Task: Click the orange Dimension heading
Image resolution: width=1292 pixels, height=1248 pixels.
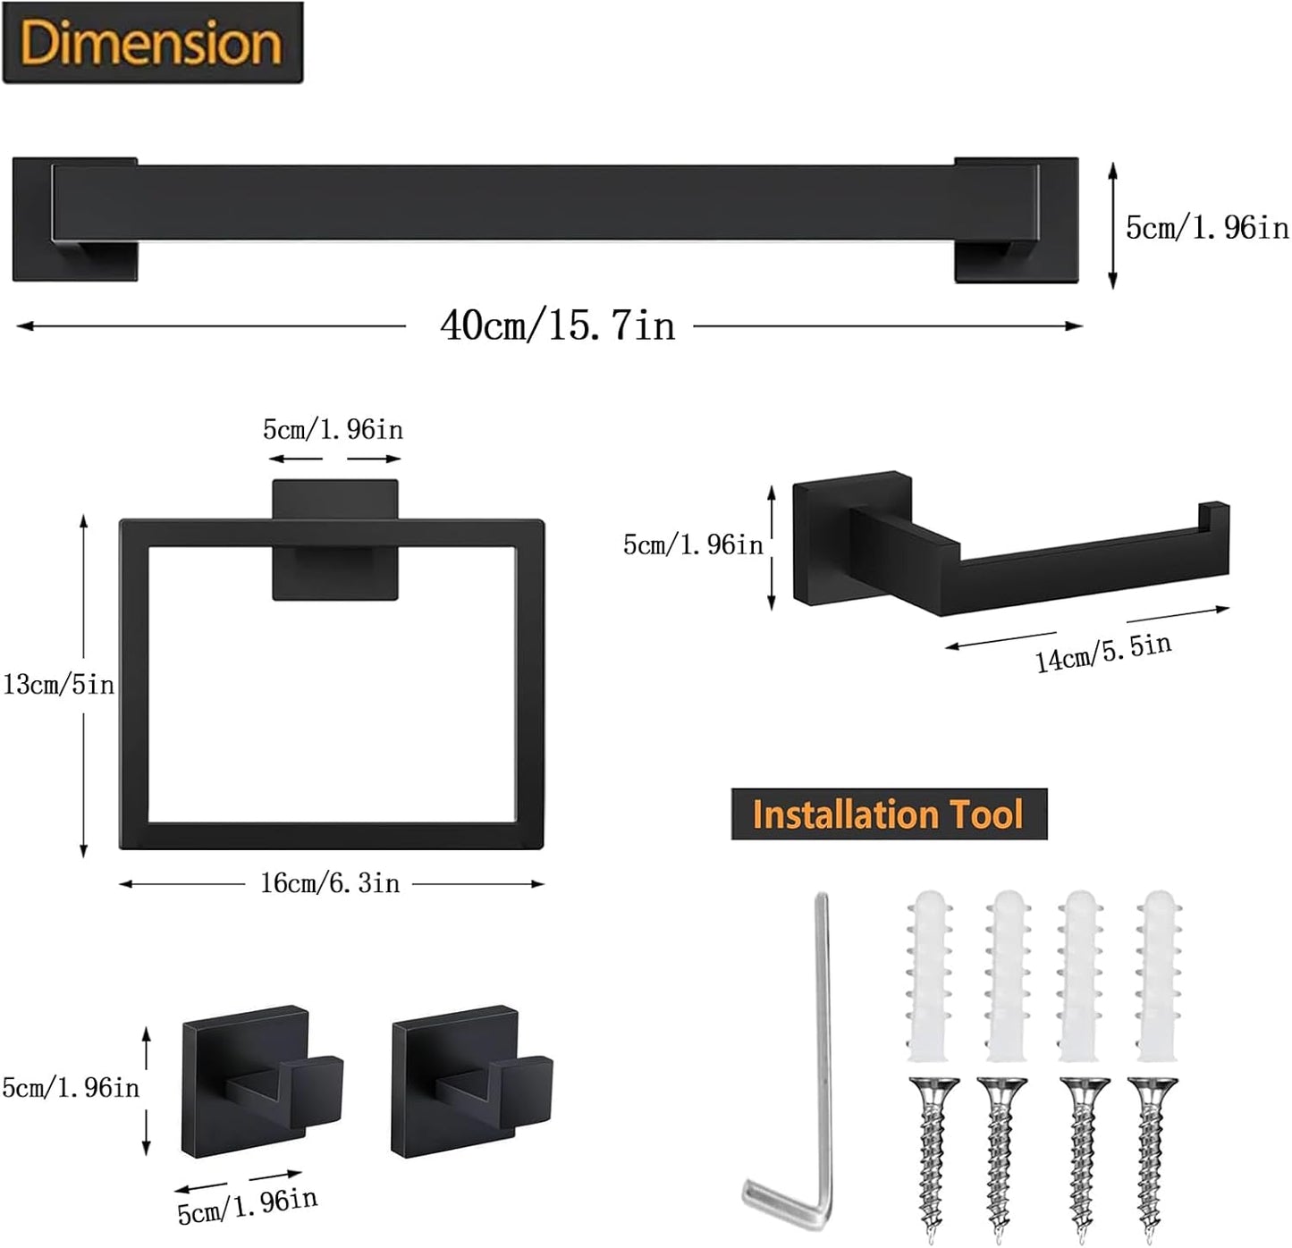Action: pyautogui.click(x=152, y=43)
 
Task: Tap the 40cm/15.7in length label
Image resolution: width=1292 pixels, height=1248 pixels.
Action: pyautogui.click(x=557, y=325)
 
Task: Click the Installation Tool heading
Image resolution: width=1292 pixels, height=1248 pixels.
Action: pyautogui.click(x=888, y=814)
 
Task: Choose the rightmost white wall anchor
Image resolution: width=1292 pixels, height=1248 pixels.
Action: pyautogui.click(x=1160, y=974)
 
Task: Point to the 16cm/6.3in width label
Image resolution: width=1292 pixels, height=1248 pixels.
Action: pyautogui.click(x=330, y=883)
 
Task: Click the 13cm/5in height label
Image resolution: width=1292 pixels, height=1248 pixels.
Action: pyautogui.click(x=59, y=685)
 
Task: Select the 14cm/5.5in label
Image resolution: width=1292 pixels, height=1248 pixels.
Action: pyautogui.click(x=1103, y=653)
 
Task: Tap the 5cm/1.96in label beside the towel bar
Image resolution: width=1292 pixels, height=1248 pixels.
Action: pyautogui.click(x=1207, y=228)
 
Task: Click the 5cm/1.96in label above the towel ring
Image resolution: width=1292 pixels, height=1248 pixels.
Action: pyautogui.click(x=333, y=430)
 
